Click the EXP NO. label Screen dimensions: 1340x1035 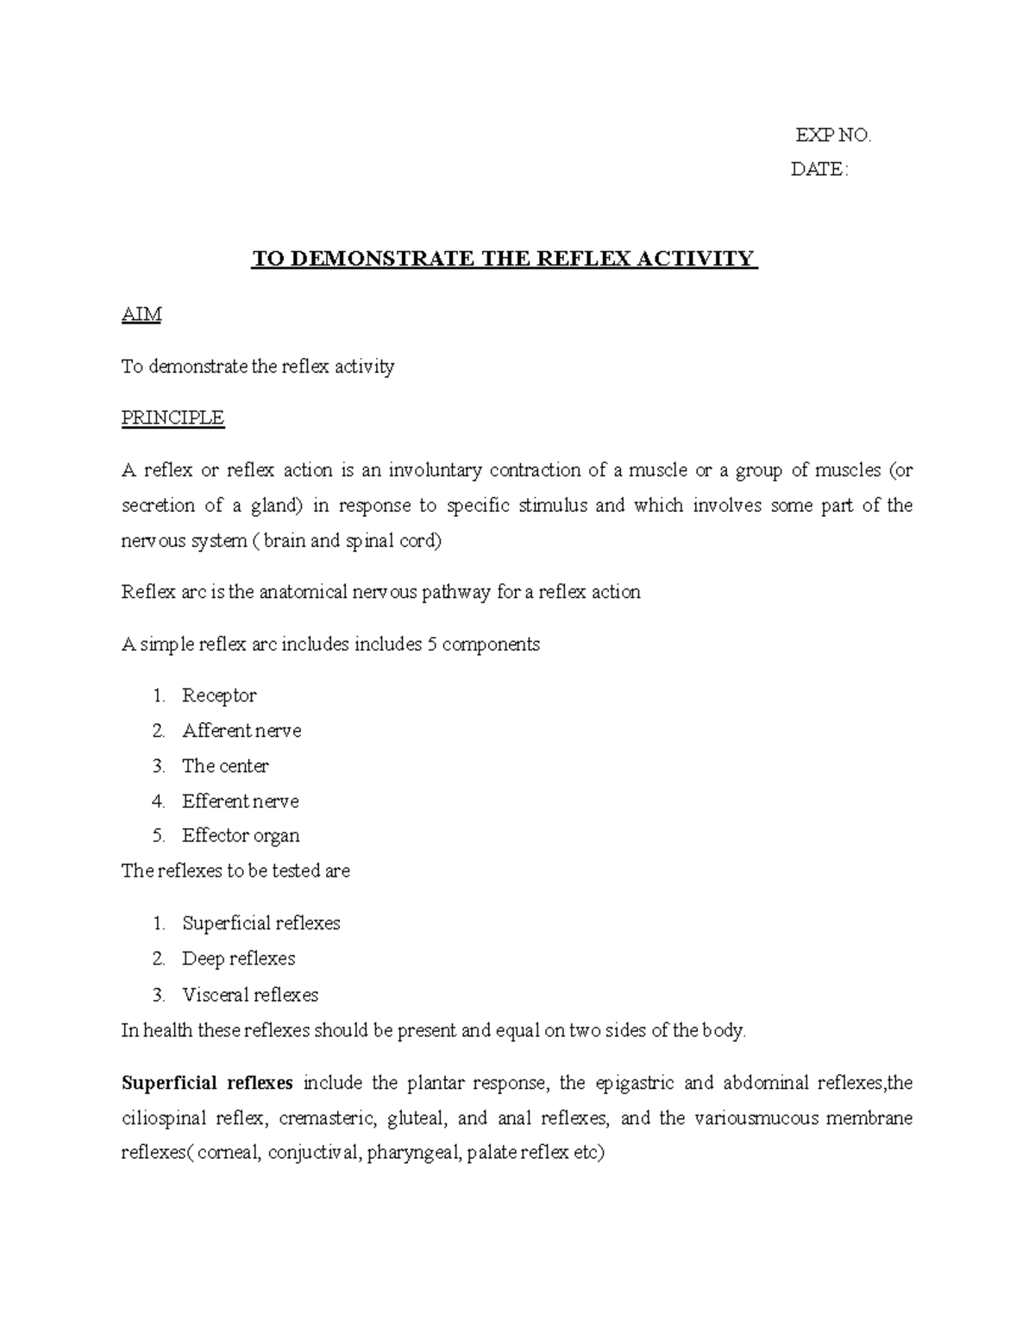(832, 135)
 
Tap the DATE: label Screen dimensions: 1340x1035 (819, 170)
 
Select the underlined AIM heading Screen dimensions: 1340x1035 (141, 315)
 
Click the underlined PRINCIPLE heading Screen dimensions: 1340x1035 (172, 418)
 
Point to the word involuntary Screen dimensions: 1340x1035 (435, 470)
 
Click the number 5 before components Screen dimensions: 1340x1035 (432, 645)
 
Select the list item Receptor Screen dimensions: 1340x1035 (219, 695)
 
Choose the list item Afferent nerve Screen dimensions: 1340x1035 (241, 731)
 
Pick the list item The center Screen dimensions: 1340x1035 (225, 766)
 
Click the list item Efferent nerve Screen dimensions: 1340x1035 (241, 802)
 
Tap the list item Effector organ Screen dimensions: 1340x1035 (241, 836)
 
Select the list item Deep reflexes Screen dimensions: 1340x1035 (238, 959)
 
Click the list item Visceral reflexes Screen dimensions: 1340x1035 (250, 995)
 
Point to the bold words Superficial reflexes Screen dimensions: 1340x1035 (207, 1083)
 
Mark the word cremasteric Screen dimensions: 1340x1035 (327, 1119)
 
